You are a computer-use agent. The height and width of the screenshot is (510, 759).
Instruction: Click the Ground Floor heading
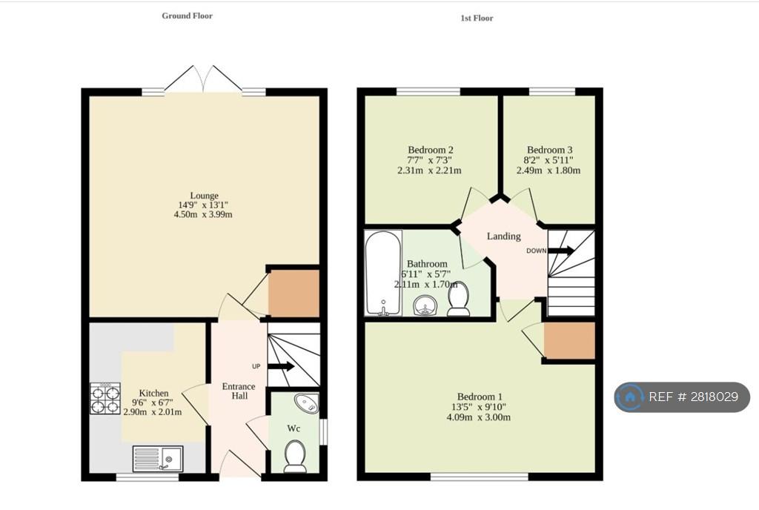[x=188, y=16]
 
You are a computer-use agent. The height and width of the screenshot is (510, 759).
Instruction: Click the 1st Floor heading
[x=477, y=18]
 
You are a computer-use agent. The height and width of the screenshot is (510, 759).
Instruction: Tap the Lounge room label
[x=204, y=196]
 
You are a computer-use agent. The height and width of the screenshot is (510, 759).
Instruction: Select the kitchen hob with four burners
[x=105, y=399]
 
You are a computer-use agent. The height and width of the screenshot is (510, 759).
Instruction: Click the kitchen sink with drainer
[x=158, y=458]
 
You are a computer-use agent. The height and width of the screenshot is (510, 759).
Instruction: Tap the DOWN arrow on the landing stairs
[x=561, y=251]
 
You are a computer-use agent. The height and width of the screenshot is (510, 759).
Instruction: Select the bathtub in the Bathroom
[x=383, y=274]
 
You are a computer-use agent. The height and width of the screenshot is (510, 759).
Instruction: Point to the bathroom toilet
[x=458, y=299]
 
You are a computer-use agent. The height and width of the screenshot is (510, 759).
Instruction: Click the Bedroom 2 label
[x=431, y=150]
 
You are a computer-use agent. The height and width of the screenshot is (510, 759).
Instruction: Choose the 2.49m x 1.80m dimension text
[x=548, y=170]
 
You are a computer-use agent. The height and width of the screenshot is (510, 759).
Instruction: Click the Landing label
[x=504, y=236]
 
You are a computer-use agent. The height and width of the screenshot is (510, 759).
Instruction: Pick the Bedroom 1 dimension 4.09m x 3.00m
[x=478, y=417]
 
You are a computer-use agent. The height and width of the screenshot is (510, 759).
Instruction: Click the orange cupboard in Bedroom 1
[x=569, y=341]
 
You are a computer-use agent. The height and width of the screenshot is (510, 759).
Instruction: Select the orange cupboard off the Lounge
[x=294, y=294]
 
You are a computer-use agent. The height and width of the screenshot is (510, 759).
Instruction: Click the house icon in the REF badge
[x=630, y=397]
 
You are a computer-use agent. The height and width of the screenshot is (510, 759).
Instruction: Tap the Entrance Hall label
[x=239, y=391]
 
